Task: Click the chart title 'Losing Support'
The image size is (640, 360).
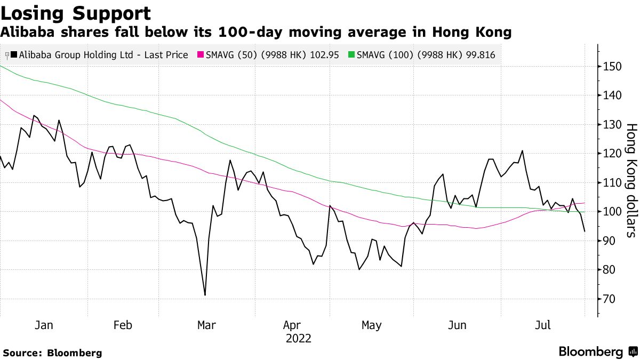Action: click(x=76, y=13)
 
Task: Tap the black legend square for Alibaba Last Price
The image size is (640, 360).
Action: click(x=13, y=55)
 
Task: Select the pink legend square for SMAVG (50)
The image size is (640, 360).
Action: click(x=201, y=55)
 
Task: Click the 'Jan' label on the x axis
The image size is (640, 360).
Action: click(x=43, y=325)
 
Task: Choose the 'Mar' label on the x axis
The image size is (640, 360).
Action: click(x=206, y=325)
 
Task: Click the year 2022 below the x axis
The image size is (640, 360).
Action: click(x=298, y=339)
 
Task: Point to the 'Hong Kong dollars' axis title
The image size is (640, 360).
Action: click(x=631, y=180)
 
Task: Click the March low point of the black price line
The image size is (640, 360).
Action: click(x=205, y=295)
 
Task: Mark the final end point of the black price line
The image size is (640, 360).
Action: click(x=585, y=231)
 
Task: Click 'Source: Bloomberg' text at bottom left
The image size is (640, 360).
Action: click(x=52, y=353)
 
